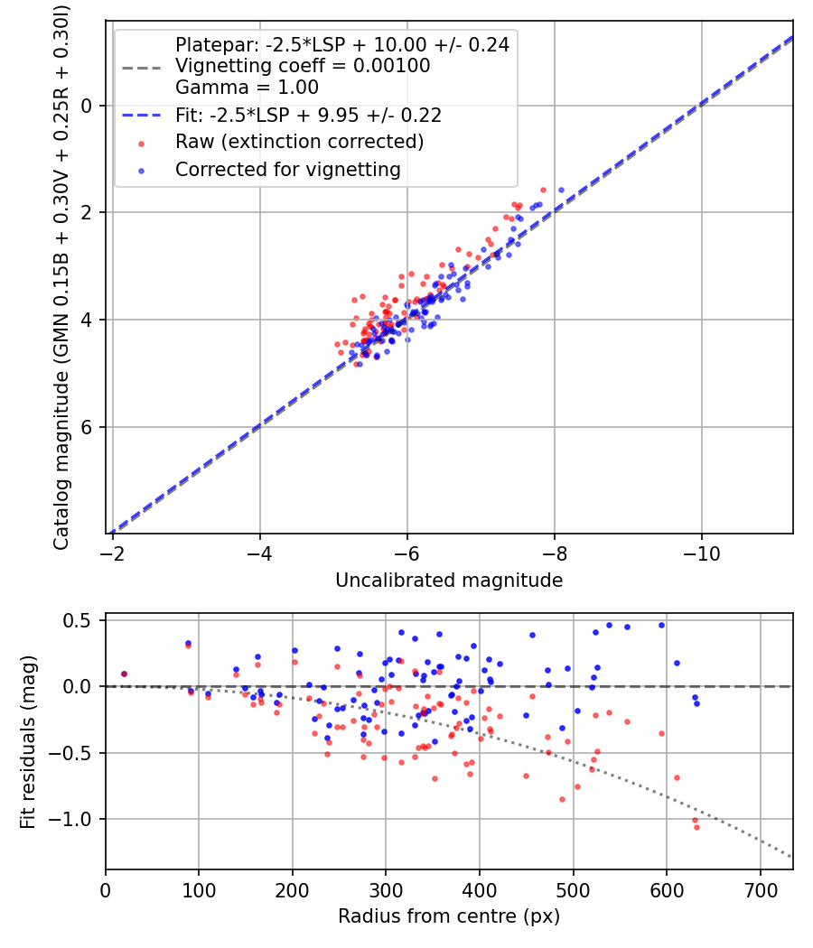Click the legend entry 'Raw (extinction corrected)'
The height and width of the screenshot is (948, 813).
point(299,142)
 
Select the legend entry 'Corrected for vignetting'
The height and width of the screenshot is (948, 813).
point(287,169)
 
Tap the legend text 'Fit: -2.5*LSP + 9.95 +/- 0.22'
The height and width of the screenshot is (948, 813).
point(308,116)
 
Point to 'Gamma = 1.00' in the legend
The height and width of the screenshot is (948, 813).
point(247,88)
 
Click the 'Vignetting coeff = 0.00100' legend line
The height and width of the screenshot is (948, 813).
point(303,66)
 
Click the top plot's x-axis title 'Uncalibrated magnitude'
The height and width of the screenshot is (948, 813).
point(449,580)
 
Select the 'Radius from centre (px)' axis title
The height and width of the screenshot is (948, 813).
point(449,916)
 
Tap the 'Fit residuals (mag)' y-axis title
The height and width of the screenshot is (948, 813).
point(28,742)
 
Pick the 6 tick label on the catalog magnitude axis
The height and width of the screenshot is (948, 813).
point(87,427)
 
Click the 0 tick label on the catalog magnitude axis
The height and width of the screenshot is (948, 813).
point(87,106)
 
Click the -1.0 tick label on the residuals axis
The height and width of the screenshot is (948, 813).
point(72,819)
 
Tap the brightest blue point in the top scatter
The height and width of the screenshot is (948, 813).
point(561,191)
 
